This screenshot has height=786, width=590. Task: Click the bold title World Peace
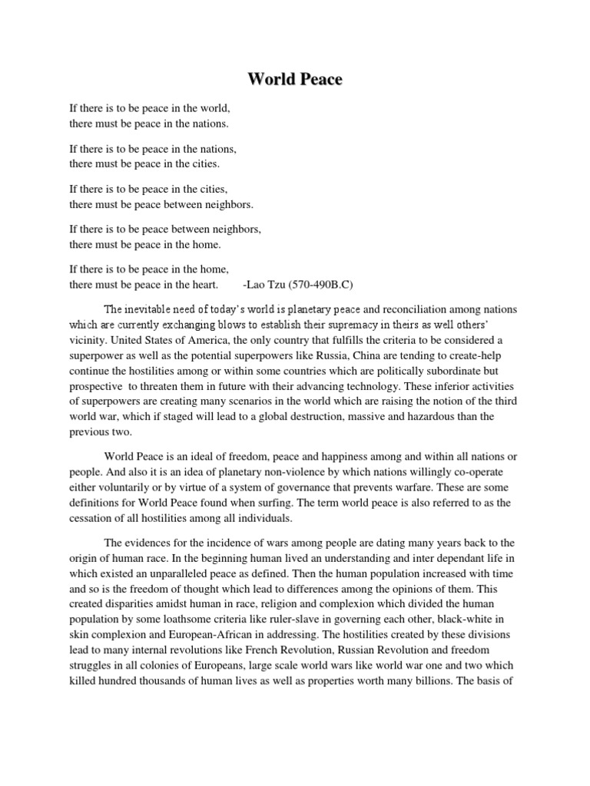coord(295,80)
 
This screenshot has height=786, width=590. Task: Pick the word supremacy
coord(347,324)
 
